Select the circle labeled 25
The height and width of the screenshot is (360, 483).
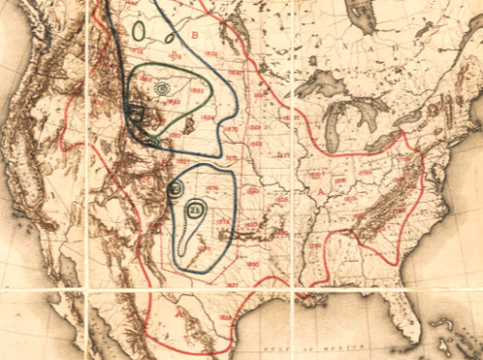[195, 210]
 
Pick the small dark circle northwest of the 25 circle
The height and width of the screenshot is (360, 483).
[175, 189]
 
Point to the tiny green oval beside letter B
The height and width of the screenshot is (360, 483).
[169, 39]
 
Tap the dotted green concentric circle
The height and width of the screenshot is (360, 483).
[161, 89]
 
